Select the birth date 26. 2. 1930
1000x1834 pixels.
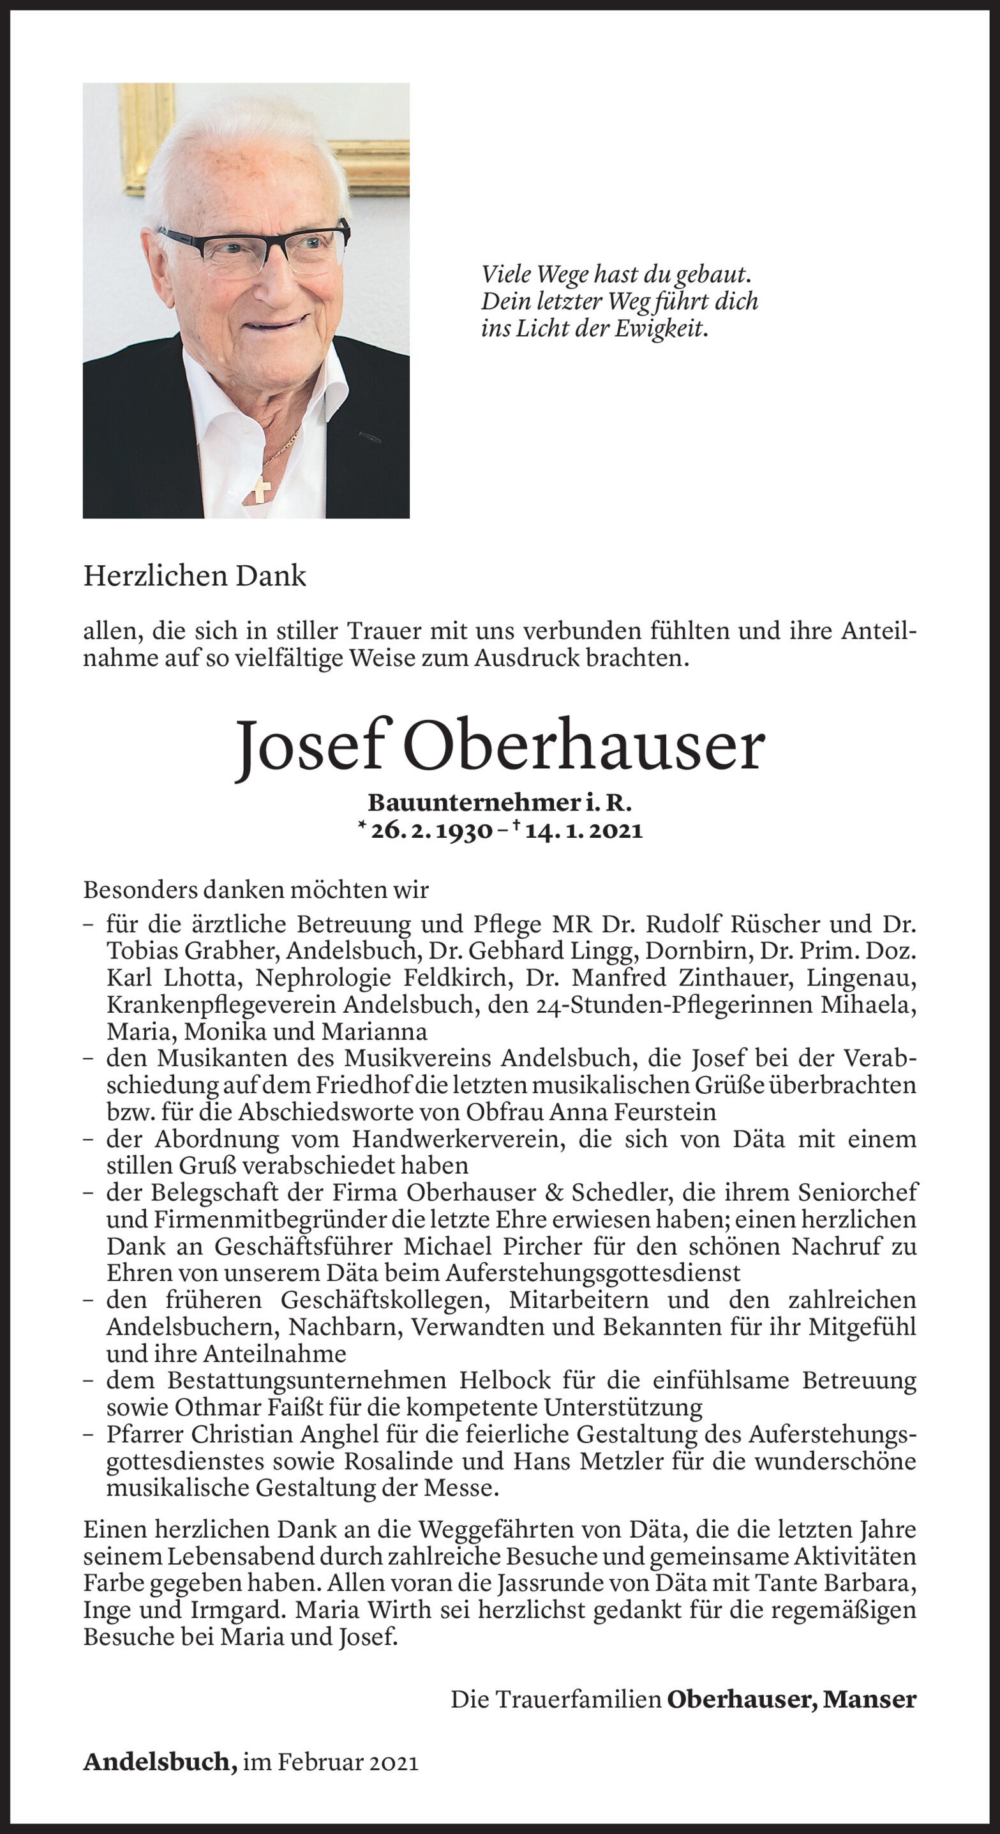click(x=432, y=831)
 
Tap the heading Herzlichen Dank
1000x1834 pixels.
click(x=194, y=576)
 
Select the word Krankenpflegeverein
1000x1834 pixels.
click(x=220, y=1004)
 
